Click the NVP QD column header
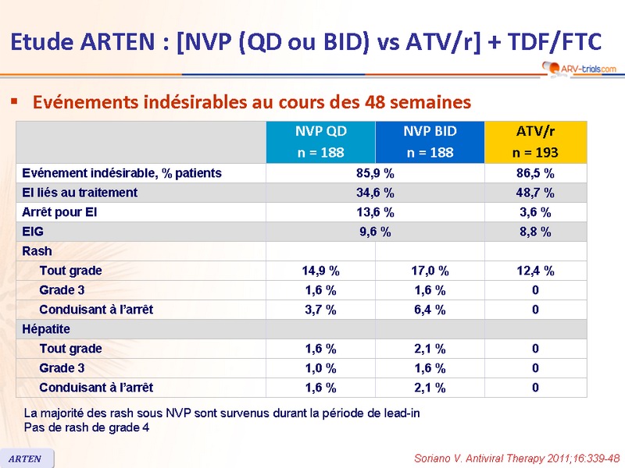320,141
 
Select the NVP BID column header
430,141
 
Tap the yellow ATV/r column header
535,141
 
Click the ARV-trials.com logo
577,69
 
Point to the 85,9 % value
375,173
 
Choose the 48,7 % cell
535,193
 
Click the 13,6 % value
375,212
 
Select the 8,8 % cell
535,232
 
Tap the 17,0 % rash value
430,271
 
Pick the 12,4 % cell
535,271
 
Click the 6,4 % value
430,310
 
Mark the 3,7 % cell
320,310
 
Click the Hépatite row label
46,329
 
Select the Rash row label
37,251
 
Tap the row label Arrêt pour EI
59,212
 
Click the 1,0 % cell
320,368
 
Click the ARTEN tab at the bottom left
26,459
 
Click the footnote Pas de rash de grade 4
87,427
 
